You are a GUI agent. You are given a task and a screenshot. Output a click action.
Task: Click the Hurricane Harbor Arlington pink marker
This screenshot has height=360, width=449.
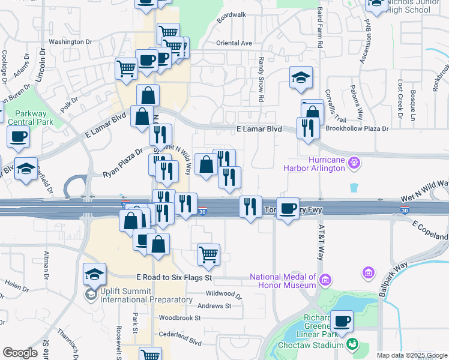point(355,162)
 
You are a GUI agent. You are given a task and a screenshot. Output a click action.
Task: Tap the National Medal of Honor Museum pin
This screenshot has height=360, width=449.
point(325,280)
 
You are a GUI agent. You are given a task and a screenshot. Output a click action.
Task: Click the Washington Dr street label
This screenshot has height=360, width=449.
point(70,42)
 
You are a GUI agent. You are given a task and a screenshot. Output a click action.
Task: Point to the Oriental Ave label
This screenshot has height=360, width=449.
point(234,43)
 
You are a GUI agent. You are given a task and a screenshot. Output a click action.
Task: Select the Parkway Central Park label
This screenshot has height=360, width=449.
point(26,117)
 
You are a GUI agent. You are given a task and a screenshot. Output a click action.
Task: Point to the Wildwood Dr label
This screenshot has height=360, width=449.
point(223,295)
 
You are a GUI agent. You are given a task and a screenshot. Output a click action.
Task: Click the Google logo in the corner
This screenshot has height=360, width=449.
point(20,353)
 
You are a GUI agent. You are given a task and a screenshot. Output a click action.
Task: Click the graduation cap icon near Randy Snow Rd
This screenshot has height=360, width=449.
point(301,77)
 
